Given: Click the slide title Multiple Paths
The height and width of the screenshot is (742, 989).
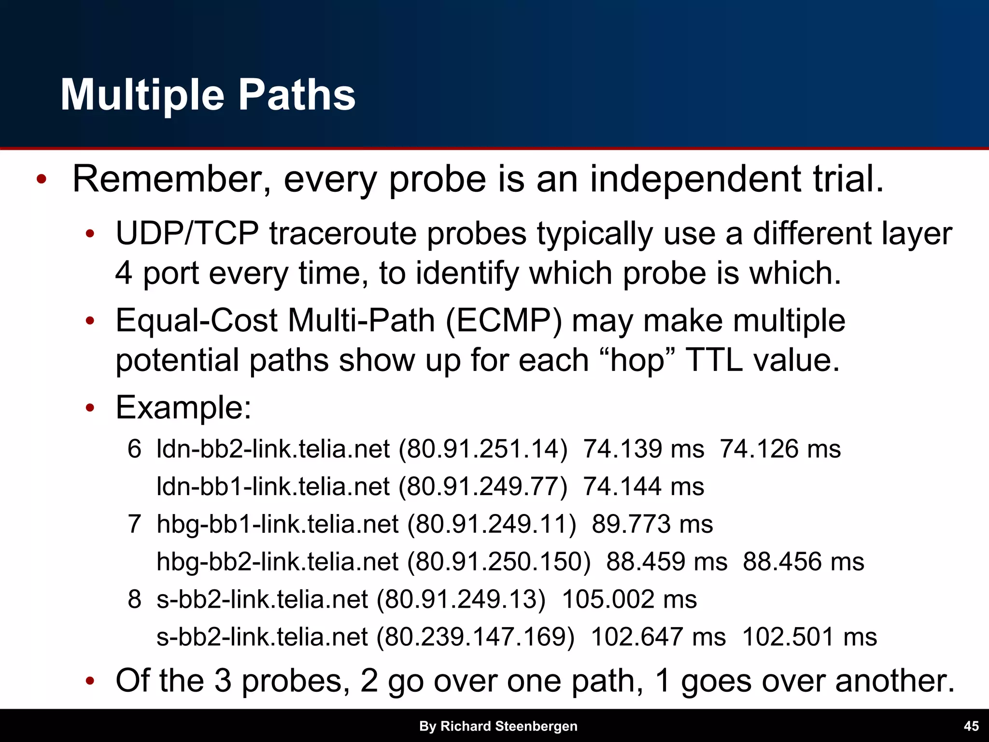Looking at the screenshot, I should coord(208,95).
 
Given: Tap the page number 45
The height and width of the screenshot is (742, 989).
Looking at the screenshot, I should coord(971,726).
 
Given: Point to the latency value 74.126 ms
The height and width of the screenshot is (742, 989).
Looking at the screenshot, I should coord(780,449).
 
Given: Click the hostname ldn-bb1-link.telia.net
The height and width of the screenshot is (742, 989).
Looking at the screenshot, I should coord(273,486).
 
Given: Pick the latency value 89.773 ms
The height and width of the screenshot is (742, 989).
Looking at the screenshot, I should coord(652,524).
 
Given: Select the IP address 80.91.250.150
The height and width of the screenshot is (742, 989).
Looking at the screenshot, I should coord(499,562).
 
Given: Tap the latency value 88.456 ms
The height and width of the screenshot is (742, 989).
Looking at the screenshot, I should coord(803,562).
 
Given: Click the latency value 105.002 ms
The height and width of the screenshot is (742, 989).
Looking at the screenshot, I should coord(629,599).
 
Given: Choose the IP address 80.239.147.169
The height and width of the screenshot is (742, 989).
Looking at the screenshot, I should coord(476,637).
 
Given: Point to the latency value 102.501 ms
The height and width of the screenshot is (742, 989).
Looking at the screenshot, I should coord(809,637).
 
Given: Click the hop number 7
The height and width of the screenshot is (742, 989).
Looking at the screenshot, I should coord(134,524).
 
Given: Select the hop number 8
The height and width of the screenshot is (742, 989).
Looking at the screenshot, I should coord(134,599).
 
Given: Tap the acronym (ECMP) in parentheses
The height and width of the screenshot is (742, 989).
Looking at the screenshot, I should coord(504,321).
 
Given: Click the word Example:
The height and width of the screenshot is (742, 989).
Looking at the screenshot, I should coord(184,408).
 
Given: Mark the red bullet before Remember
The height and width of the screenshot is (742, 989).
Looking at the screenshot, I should coord(42,180).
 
